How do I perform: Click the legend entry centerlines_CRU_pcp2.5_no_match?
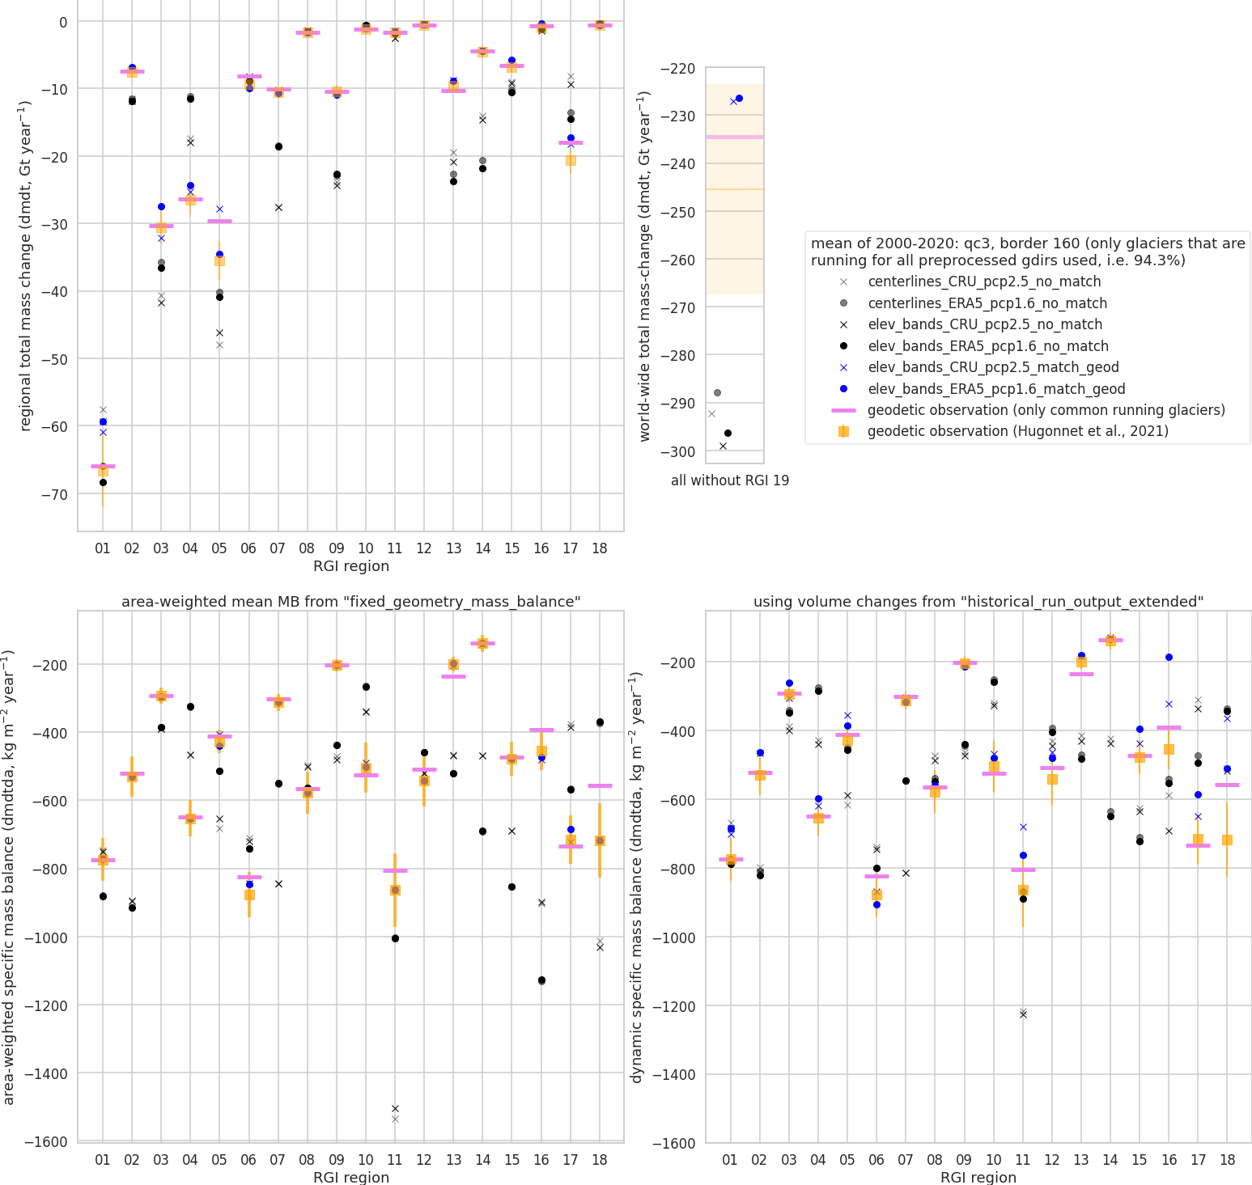coord(984,282)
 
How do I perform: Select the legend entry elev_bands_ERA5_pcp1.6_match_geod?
coord(996,389)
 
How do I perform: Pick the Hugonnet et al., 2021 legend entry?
coord(1017,431)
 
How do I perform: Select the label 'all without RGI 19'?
coord(730,480)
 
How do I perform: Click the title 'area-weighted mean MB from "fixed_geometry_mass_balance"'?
coord(350,602)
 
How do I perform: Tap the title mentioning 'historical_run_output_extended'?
coord(978,602)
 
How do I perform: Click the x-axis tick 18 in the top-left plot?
coord(600,548)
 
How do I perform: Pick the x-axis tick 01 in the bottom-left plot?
coord(103,1159)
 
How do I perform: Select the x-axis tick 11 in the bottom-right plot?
coord(1023,1159)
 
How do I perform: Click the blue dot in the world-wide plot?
coord(739,99)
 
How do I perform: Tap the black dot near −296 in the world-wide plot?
coord(728,434)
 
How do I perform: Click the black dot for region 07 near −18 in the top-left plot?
coord(278,146)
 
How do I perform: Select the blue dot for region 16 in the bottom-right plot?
coord(1169,658)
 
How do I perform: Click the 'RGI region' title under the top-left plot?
coord(350,566)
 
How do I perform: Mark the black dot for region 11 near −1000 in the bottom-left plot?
coord(395,938)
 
